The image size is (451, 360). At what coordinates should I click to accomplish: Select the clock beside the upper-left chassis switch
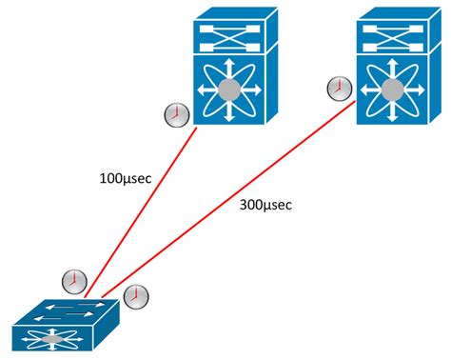click(175, 115)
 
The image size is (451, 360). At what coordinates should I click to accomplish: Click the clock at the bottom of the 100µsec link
click(72, 281)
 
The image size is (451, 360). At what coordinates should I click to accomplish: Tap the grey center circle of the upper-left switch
click(229, 91)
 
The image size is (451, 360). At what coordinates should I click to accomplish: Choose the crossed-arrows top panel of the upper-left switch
click(229, 30)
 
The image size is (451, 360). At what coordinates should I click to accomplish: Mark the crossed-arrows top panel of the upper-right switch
click(394, 30)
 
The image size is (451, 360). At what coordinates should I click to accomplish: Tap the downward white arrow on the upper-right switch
click(394, 116)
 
